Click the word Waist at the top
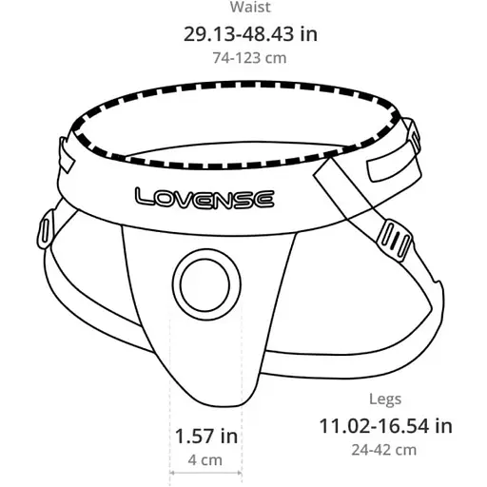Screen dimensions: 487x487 [250, 8]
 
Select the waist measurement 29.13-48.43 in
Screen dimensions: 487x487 [250, 33]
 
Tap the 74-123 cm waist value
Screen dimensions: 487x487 [250, 57]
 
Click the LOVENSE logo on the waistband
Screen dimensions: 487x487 [205, 198]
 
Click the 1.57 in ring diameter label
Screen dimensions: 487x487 [205, 437]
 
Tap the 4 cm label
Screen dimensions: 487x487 [205, 460]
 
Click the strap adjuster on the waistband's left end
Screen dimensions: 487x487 [66, 151]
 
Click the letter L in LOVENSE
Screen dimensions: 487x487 [144, 198]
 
